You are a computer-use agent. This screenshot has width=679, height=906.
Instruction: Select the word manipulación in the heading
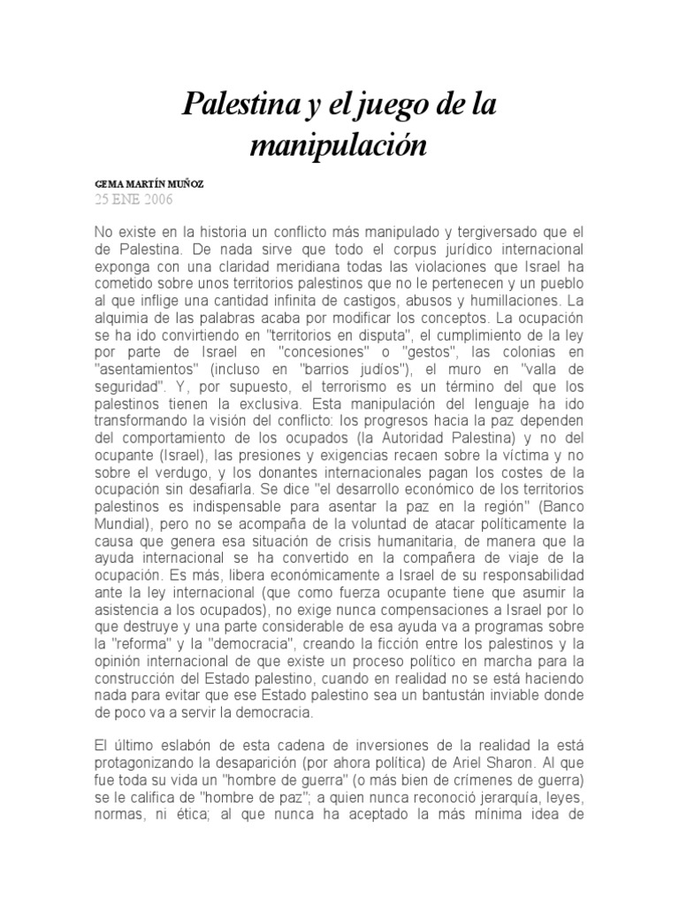coord(338,144)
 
